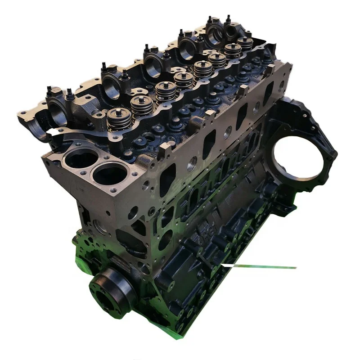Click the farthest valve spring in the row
[x=245, y=44]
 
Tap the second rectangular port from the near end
[x=209, y=144]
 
